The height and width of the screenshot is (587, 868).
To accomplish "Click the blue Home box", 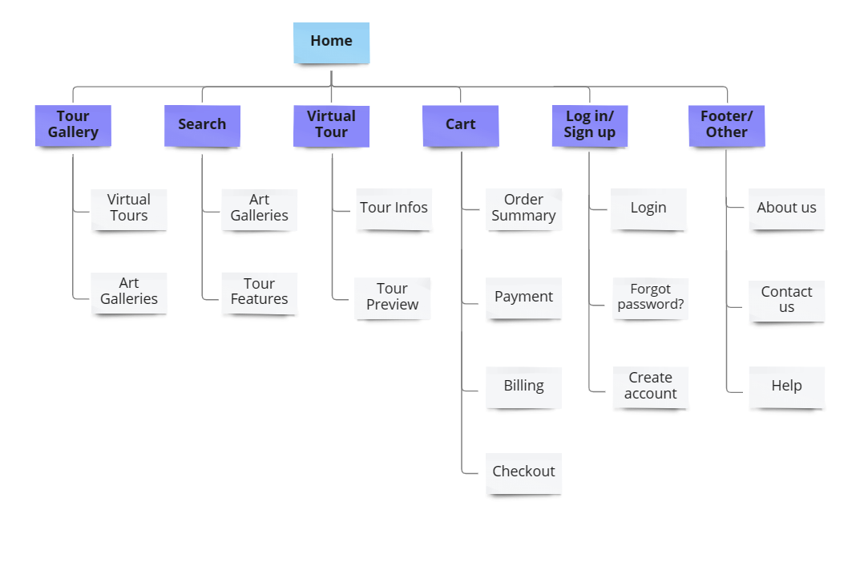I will [331, 43].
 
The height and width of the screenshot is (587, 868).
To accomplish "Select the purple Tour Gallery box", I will [73, 125].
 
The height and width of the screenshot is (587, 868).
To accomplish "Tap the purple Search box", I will [202, 125].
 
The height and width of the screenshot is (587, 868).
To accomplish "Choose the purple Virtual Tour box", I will [331, 125].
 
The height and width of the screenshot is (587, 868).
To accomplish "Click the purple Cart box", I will [461, 125].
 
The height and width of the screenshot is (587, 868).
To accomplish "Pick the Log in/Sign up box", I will [590, 125].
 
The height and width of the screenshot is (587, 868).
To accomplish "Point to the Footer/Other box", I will [727, 125].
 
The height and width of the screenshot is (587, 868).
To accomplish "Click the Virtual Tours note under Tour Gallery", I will [129, 208].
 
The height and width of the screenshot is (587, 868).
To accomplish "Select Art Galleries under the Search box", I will [260, 208].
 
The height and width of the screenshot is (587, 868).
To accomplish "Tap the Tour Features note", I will [260, 292].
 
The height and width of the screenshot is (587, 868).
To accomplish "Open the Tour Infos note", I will [394, 208].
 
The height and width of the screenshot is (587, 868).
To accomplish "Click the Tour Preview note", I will [393, 298].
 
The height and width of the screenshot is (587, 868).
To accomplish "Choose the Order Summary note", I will [524, 208].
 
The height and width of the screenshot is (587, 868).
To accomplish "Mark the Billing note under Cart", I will [524, 387].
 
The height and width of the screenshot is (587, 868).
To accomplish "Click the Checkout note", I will [524, 472].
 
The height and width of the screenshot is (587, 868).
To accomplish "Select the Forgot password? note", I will [651, 298].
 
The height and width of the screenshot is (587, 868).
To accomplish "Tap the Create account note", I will [651, 387].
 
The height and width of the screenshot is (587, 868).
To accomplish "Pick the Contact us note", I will [787, 300].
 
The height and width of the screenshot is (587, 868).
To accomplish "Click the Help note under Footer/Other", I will [787, 387].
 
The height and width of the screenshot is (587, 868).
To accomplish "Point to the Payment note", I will [524, 298].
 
